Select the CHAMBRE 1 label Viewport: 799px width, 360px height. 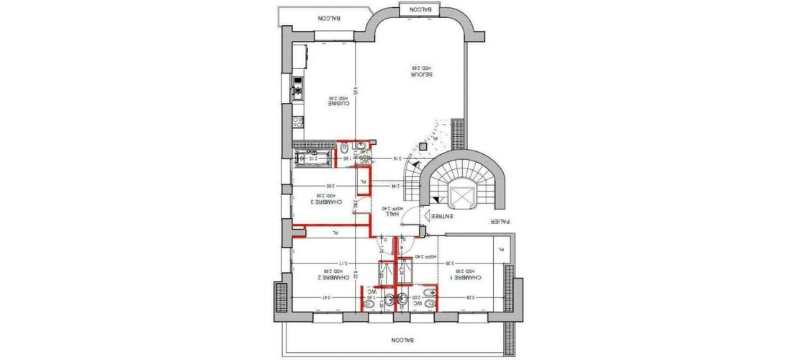[462, 276]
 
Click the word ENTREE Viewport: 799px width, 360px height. [441, 216]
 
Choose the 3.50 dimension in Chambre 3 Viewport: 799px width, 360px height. [329, 186]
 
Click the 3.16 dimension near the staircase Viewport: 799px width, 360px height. [395, 158]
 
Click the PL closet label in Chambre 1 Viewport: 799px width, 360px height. [501, 249]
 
